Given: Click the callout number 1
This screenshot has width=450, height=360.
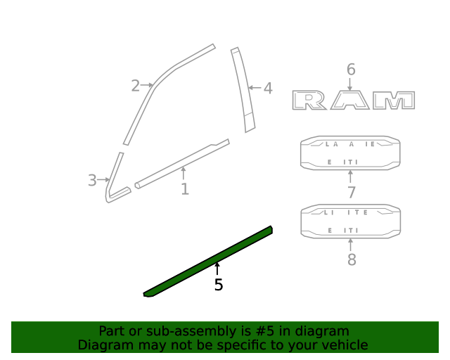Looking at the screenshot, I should pyautogui.click(x=185, y=189).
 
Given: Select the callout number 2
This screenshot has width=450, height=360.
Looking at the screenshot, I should pyautogui.click(x=135, y=86).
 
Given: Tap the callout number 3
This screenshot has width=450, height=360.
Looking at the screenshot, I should pyautogui.click(x=92, y=181).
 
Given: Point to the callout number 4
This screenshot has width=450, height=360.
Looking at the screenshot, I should pyautogui.click(x=267, y=89).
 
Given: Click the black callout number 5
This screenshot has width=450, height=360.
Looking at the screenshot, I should pyautogui.click(x=219, y=285).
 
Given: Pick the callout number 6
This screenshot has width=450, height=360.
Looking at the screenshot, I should pyautogui.click(x=351, y=70).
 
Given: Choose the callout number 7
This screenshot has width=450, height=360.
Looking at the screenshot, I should pyautogui.click(x=351, y=193).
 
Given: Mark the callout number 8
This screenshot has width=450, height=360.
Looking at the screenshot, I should pyautogui.click(x=352, y=259).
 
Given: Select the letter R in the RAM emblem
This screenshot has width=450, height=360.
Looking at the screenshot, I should pyautogui.click(x=310, y=101).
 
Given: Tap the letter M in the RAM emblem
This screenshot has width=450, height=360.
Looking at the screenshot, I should pyautogui.click(x=394, y=101).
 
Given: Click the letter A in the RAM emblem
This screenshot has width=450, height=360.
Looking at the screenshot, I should pyautogui.click(x=351, y=101).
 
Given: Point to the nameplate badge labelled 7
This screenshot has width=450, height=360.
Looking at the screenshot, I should pyautogui.click(x=350, y=153).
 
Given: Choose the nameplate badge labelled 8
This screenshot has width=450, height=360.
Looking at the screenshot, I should pyautogui.click(x=350, y=221).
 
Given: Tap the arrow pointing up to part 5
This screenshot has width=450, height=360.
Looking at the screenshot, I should pyautogui.click(x=217, y=269).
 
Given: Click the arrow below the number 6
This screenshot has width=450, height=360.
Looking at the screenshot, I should pyautogui.click(x=351, y=84).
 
